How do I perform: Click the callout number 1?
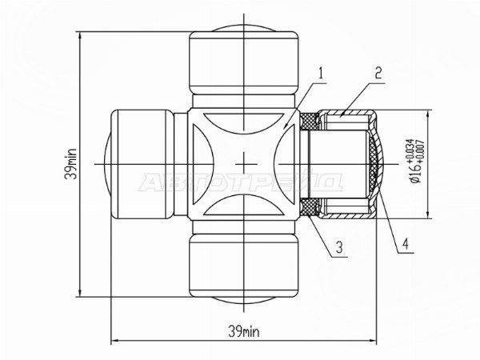[x=321, y=74]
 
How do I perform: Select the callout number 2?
[x=378, y=74]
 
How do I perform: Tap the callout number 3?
[x=339, y=247]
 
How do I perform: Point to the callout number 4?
[x=406, y=244]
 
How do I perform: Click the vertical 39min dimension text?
[x=71, y=164]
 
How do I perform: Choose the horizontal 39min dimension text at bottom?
[x=244, y=331]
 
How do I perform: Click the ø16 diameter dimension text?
[x=416, y=174]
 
